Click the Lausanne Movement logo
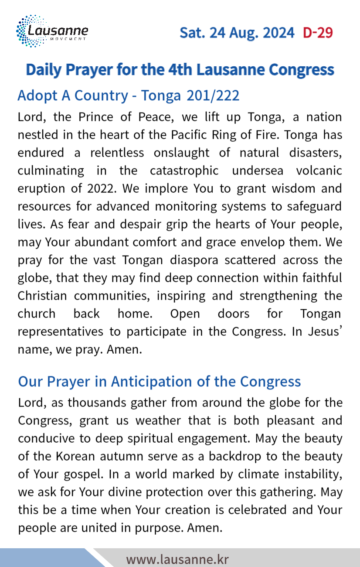[52, 31]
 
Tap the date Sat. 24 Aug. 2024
[237, 33]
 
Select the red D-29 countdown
[318, 33]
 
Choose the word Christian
[42, 296]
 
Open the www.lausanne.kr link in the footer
[177, 559]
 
